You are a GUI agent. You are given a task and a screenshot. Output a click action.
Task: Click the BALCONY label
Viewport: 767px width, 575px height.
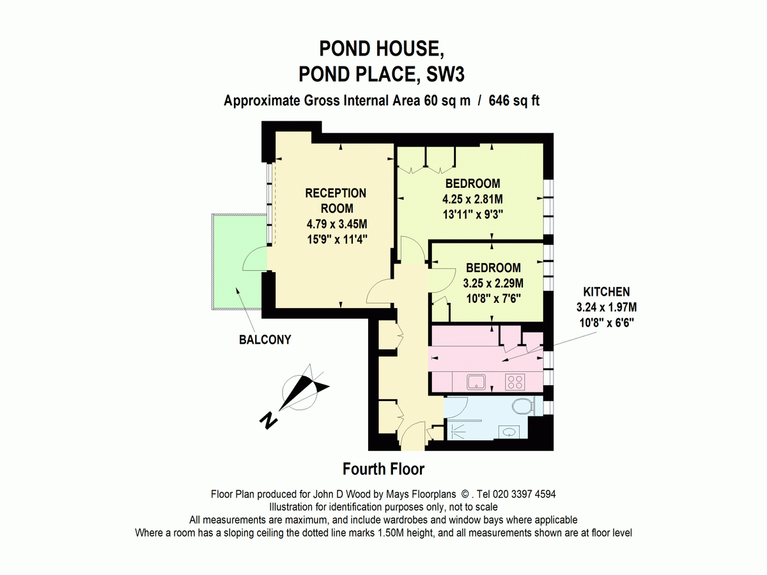pyautogui.click(x=265, y=340)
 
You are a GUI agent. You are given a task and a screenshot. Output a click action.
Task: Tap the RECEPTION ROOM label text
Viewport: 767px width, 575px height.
pyautogui.click(x=336, y=201)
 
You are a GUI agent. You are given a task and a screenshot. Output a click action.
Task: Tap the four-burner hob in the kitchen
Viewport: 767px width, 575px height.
pyautogui.click(x=515, y=382)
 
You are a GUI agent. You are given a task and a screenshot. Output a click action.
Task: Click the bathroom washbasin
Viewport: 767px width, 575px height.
pyautogui.click(x=509, y=432)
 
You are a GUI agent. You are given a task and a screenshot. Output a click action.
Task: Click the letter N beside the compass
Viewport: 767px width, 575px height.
pyautogui.click(x=268, y=420)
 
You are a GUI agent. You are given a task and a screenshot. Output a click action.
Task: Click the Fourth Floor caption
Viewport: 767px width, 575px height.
pyautogui.click(x=383, y=469)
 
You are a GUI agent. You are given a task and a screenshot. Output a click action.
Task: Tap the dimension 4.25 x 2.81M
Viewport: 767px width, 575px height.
pyautogui.click(x=473, y=199)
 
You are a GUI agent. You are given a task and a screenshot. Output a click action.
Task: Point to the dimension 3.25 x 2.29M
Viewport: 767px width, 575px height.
pyautogui.click(x=493, y=283)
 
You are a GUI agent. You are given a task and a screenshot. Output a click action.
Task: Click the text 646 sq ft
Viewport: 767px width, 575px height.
pyautogui.click(x=515, y=101)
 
